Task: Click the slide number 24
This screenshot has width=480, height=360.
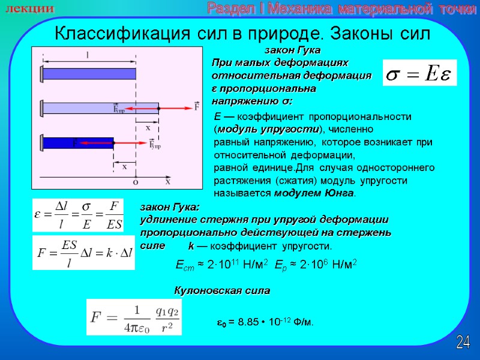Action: point(463,343)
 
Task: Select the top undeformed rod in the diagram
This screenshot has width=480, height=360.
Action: point(88,74)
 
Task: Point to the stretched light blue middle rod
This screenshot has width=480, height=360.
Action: point(99,109)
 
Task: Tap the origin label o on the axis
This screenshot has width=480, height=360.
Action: point(136,181)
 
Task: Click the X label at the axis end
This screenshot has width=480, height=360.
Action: point(168,181)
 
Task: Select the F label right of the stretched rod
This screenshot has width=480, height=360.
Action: point(197,107)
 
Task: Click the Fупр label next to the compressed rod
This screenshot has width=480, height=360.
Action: point(156,144)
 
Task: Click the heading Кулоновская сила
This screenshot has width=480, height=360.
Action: point(222,290)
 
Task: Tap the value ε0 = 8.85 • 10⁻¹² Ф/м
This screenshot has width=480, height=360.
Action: point(265,323)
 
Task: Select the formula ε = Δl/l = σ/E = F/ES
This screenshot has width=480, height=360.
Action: point(77,214)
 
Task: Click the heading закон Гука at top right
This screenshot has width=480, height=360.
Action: point(293,49)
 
